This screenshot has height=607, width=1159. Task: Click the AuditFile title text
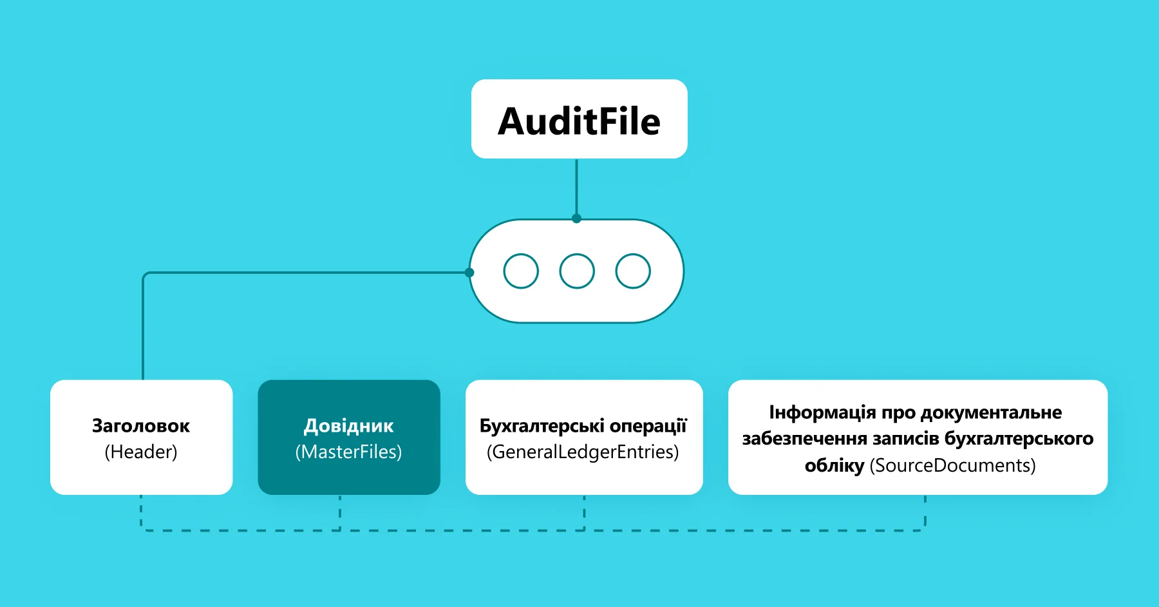click(579, 121)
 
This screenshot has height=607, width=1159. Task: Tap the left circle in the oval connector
click(521, 271)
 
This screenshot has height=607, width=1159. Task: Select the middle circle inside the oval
click(577, 271)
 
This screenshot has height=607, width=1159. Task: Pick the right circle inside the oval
click(633, 271)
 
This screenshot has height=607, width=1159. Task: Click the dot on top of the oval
click(576, 218)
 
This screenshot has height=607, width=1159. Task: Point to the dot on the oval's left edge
click(469, 273)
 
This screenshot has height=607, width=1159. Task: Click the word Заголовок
click(141, 426)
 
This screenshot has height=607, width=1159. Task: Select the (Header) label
click(141, 452)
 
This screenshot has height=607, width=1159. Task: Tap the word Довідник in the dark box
click(348, 426)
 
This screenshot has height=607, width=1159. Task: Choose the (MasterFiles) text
click(348, 452)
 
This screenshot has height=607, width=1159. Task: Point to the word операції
click(648, 426)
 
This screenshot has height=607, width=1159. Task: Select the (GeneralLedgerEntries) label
click(583, 452)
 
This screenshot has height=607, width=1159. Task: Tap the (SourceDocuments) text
click(952, 465)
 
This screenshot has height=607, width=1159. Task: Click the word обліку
click(834, 465)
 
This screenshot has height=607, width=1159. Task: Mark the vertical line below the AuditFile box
click(576, 187)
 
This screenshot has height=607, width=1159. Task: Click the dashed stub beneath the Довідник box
click(340, 512)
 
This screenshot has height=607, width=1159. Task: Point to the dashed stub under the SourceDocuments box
click(925, 512)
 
